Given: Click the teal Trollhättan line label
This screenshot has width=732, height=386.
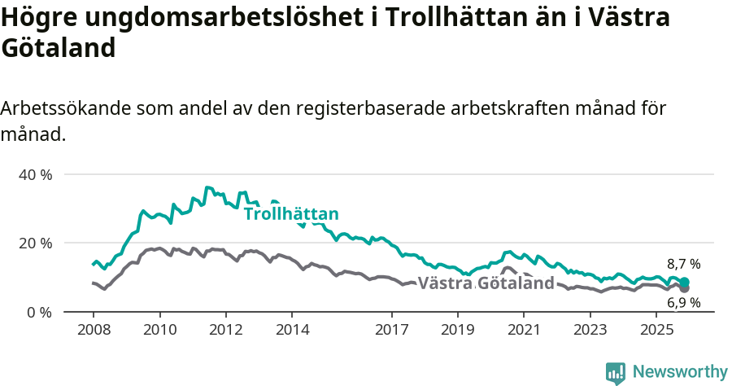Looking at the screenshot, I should (291, 214).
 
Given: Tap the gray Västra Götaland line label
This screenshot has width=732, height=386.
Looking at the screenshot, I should (486, 283).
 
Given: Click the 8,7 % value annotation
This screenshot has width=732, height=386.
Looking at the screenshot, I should (683, 264).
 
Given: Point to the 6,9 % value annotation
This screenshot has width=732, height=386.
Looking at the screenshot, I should (683, 303).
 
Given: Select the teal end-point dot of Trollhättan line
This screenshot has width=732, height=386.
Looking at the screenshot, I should (685, 282).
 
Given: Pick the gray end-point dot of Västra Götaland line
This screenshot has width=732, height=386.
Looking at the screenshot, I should (685, 288).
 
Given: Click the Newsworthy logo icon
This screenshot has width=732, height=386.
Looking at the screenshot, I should (616, 372).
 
